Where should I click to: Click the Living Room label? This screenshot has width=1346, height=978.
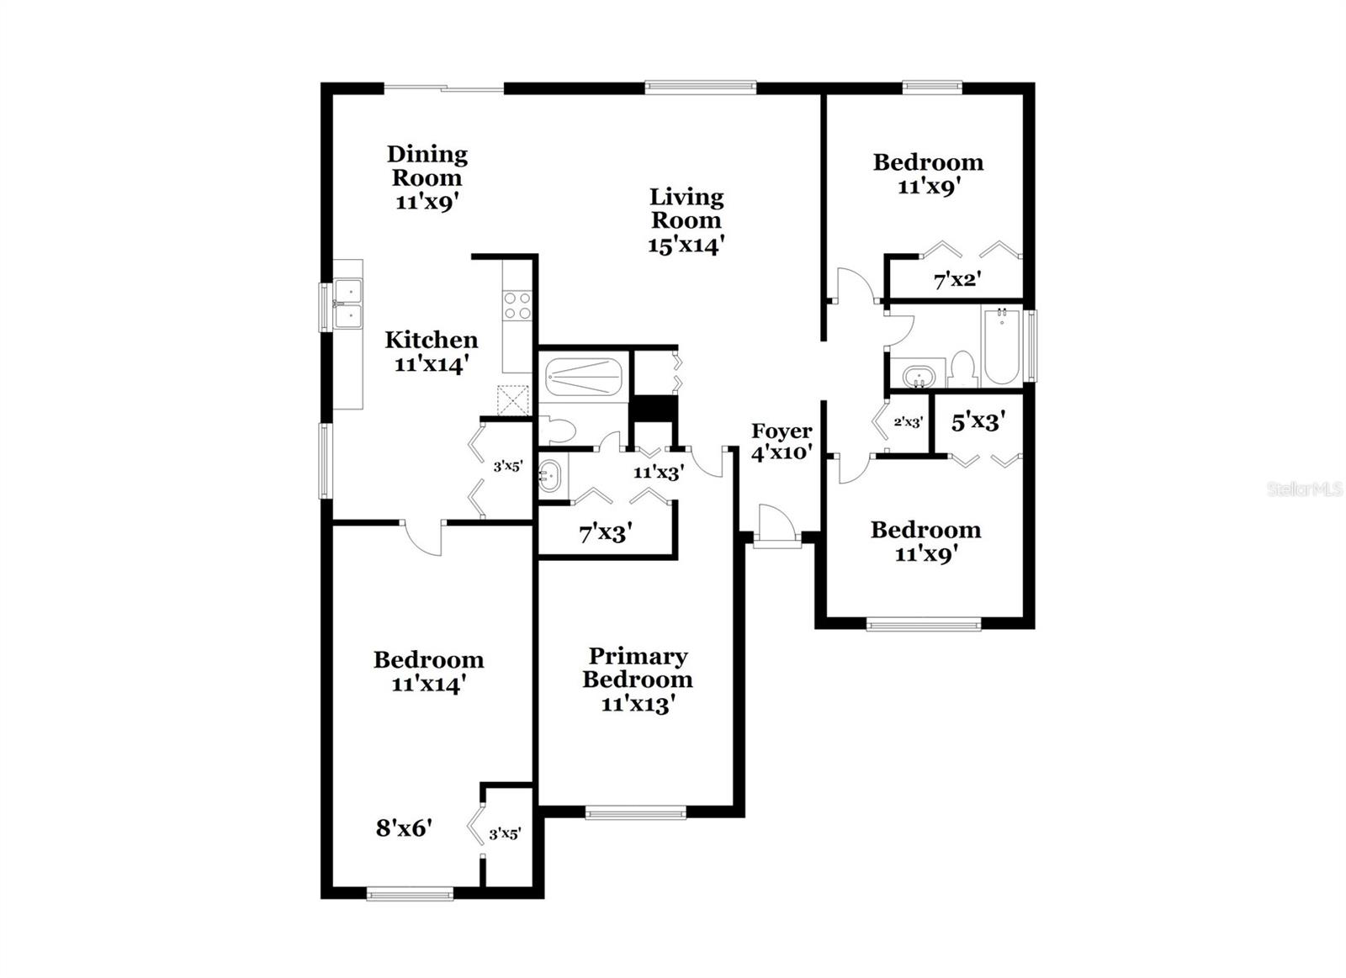[x=686, y=220]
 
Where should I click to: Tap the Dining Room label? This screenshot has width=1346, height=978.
[x=427, y=177]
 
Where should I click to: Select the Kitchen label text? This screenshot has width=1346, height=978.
[x=432, y=340]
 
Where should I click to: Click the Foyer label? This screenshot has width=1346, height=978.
[x=782, y=431]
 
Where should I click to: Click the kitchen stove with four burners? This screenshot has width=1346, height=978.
[x=517, y=305]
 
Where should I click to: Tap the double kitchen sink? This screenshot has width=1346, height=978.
[x=347, y=303]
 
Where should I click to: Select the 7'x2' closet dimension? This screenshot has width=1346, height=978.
[x=957, y=280]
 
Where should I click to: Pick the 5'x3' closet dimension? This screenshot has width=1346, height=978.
[x=978, y=421]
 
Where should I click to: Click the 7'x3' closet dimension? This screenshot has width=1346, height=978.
[x=605, y=533]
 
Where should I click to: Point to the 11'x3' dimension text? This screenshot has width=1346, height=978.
[x=658, y=472]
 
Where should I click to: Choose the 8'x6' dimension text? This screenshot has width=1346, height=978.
[x=404, y=828]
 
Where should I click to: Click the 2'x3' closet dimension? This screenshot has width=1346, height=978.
[x=908, y=422]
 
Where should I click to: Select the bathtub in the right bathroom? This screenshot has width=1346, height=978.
[x=1001, y=346]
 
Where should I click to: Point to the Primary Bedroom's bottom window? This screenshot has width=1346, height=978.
[x=635, y=812]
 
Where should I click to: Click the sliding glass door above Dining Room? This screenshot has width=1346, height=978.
[x=444, y=87]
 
